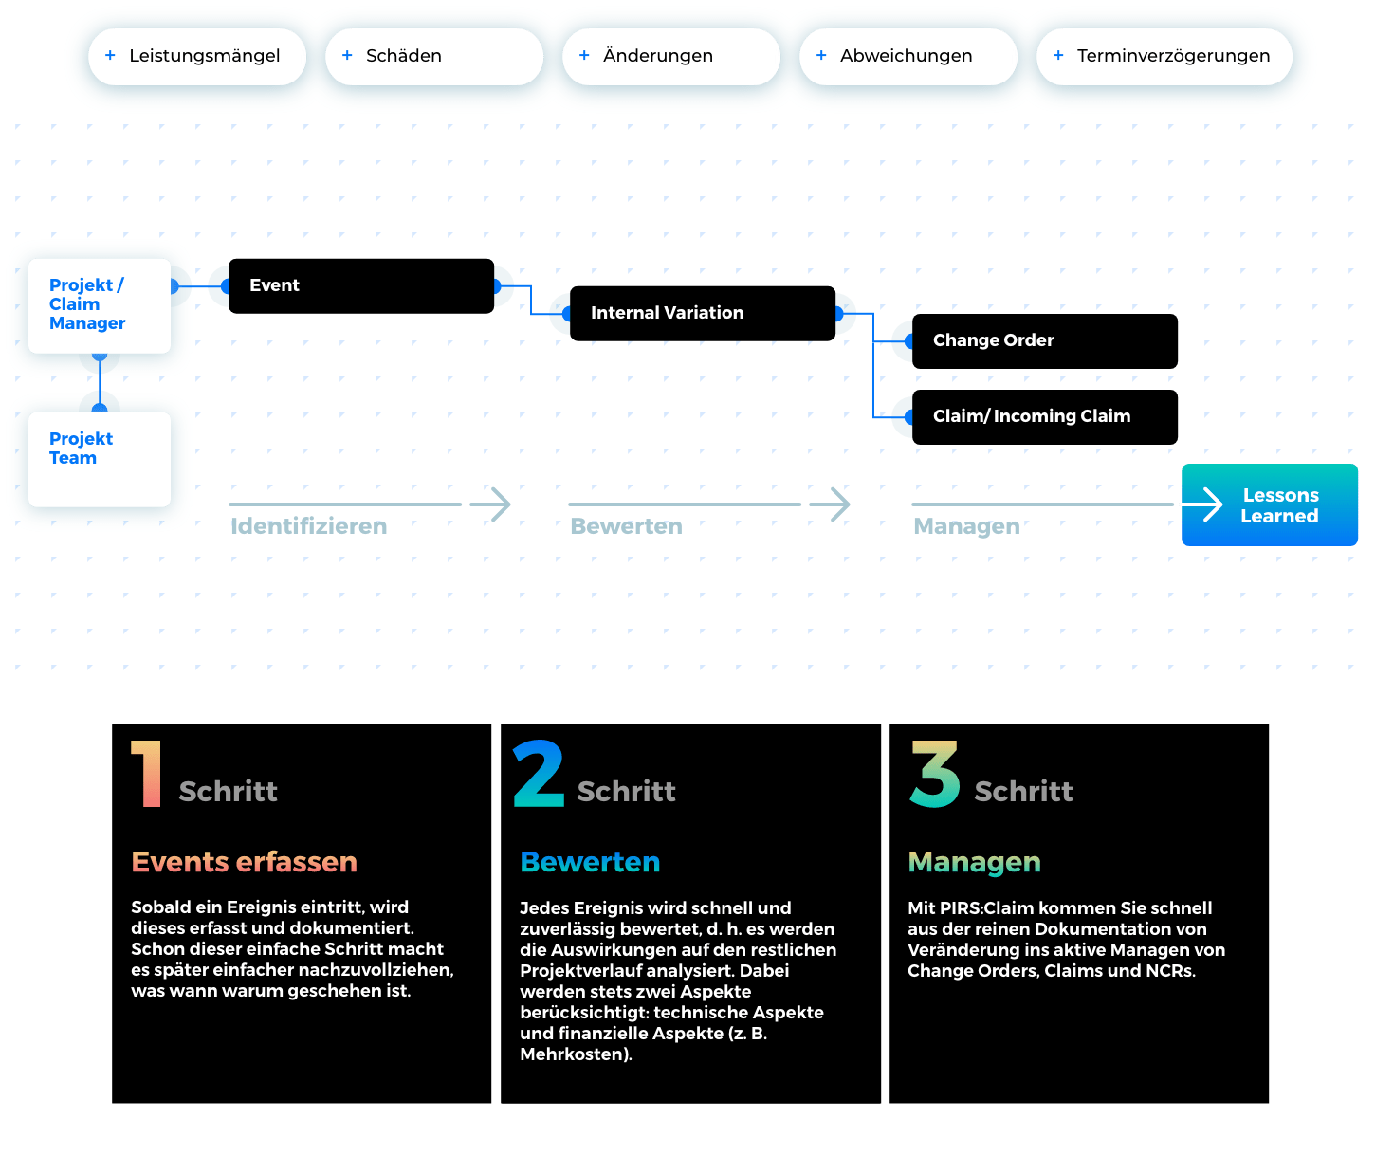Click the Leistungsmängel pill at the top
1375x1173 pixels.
pyautogui.click(x=197, y=57)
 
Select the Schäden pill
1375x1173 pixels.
pyautogui.click(x=433, y=57)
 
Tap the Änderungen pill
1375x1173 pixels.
pyautogui.click(x=670, y=57)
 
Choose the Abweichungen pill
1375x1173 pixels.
pyautogui.click(x=908, y=57)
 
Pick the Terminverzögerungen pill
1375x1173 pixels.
pyautogui.click(x=1164, y=57)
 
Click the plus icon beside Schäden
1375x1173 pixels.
pyautogui.click(x=346, y=55)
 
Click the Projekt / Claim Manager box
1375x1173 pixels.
pyautogui.click(x=100, y=305)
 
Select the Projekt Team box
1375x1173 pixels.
pyautogui.click(x=100, y=459)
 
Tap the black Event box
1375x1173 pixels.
pyautogui.click(x=360, y=286)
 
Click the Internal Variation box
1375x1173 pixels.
pyautogui.click(x=702, y=313)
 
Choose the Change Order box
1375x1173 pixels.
pyautogui.click(x=1044, y=340)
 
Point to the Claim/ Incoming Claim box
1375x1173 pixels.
pyautogui.click(x=1044, y=416)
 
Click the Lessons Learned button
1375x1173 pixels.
pyautogui.click(x=1269, y=504)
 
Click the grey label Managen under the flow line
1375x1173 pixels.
pyautogui.click(x=966, y=526)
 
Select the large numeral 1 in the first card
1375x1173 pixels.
pyautogui.click(x=147, y=773)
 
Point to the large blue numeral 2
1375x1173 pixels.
pyautogui.click(x=539, y=773)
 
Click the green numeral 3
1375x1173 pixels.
pyautogui.click(x=935, y=774)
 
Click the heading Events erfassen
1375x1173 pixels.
pyautogui.click(x=244, y=862)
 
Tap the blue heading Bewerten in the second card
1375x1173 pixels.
pyautogui.click(x=590, y=862)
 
